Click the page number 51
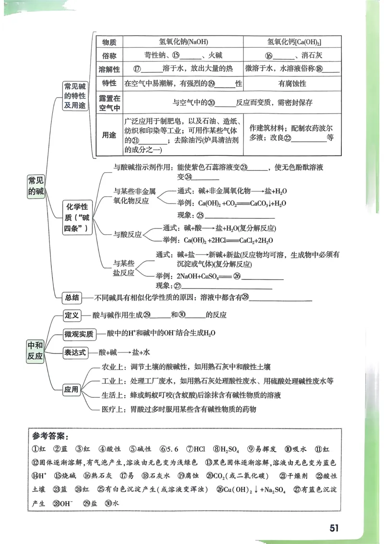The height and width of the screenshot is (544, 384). (334, 527)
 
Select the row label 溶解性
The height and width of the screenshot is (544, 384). (109, 69)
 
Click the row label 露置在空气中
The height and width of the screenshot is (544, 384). (109, 102)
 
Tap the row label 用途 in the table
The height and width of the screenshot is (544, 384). (109, 135)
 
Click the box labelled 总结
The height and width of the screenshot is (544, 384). (72, 298)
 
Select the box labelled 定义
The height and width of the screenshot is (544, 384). (72, 315)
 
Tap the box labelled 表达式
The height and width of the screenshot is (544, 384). (75, 352)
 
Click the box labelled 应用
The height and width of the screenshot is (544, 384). (72, 390)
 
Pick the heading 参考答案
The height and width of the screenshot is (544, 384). (51, 437)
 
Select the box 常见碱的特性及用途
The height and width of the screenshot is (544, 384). (75, 96)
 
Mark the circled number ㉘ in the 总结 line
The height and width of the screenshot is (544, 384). (245, 298)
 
